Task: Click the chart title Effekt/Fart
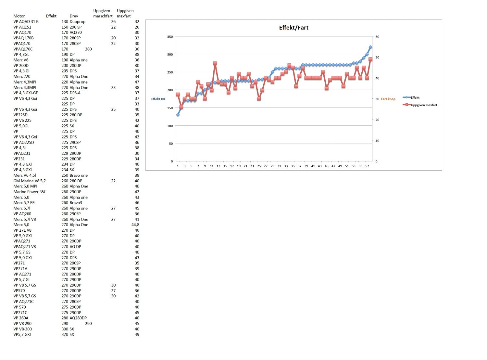293,28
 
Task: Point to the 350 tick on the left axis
170,37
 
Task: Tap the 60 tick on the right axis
377,37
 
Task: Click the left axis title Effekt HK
158,99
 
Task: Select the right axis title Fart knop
388,99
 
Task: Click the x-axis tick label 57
367,166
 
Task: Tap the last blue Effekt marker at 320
370,47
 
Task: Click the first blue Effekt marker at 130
178,115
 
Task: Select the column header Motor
19,16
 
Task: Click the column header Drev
74,16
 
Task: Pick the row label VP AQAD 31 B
26,21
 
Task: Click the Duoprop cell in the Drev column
77,21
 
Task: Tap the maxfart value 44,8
135,225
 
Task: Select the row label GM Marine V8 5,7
29,181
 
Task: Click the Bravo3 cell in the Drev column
76,202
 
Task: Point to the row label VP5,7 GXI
22,334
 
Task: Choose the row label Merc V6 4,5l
25,175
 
